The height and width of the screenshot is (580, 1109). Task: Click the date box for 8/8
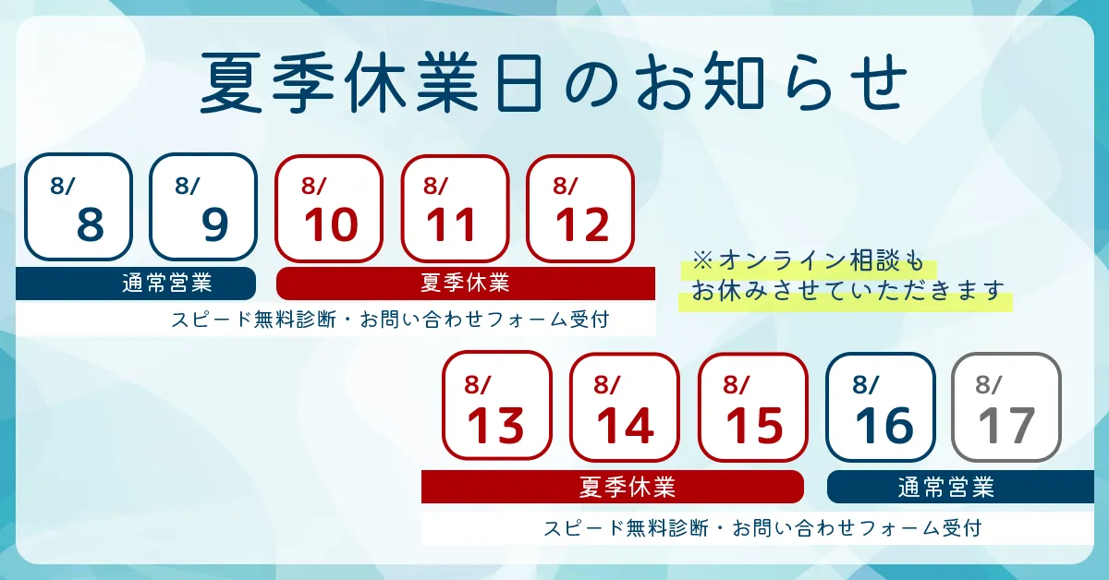coord(79,207)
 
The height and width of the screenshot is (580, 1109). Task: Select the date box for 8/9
coord(203,207)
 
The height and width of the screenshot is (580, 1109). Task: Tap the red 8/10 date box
coord(329,209)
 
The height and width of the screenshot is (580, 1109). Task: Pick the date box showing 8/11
coord(455,209)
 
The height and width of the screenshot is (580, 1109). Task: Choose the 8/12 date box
coord(580,209)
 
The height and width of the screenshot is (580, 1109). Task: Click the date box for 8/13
coord(497,406)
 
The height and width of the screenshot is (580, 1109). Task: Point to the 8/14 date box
coord(625,406)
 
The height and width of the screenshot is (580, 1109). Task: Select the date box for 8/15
coord(753,406)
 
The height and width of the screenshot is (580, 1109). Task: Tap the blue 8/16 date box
coord(880,406)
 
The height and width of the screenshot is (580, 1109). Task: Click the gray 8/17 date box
coord(1006,406)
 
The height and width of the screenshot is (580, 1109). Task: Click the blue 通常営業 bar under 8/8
coord(136,284)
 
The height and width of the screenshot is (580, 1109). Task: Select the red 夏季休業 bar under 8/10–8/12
coord(466,284)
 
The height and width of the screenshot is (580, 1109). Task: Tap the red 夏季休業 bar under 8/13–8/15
coord(613,487)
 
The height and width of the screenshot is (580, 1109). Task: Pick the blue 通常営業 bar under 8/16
coord(960,487)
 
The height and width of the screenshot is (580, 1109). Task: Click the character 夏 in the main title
coord(230,83)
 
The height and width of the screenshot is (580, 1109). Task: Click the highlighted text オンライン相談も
coord(822,260)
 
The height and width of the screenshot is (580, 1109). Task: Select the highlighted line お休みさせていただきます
coord(847,291)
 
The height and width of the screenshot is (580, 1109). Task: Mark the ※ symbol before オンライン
coord(702,260)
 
